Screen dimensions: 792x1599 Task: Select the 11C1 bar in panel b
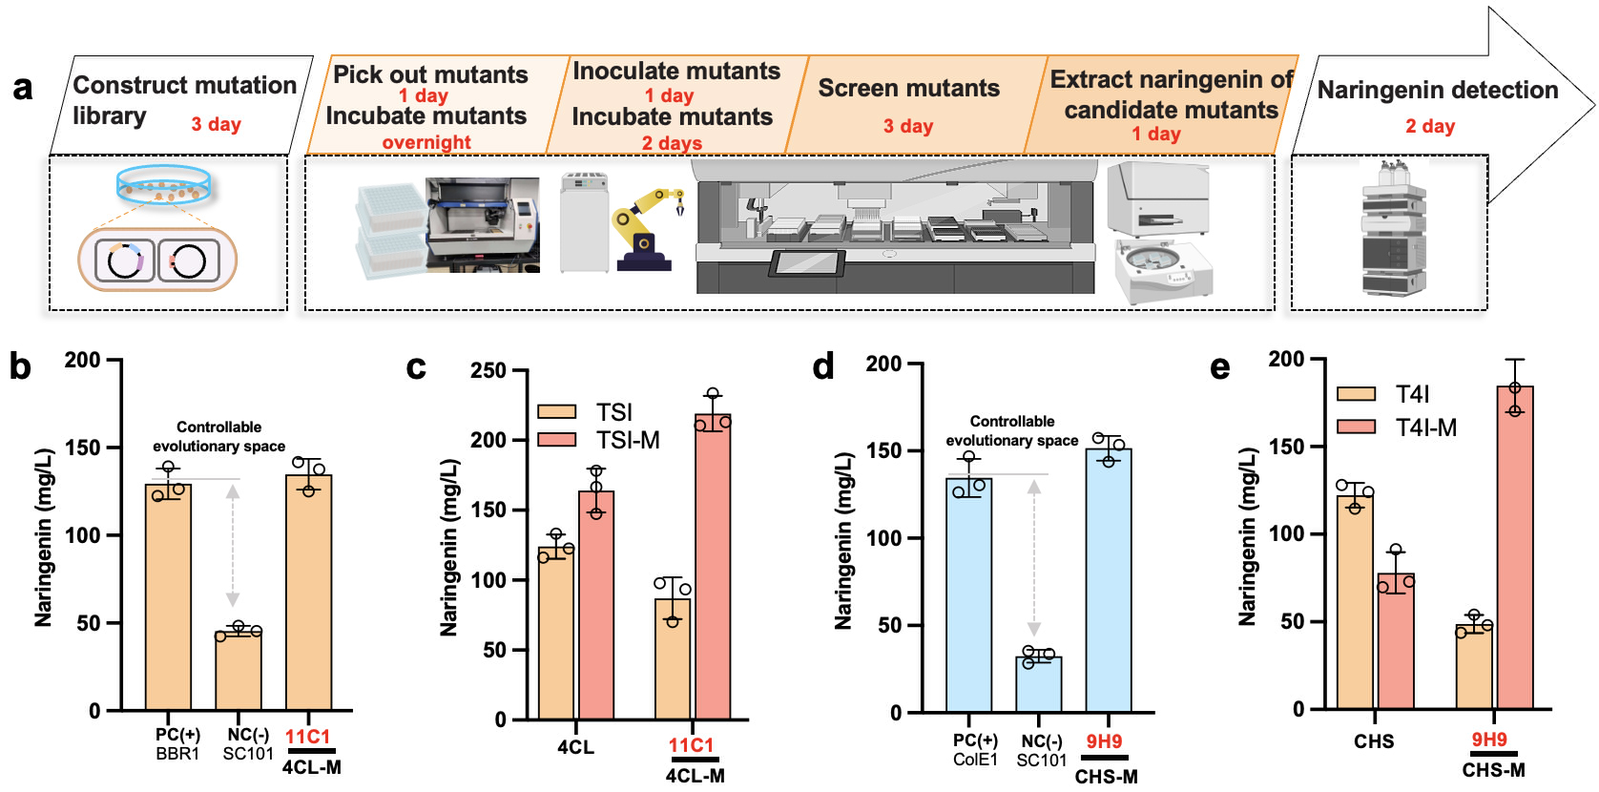coord(309,592)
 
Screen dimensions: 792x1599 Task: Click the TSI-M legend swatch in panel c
coord(557,440)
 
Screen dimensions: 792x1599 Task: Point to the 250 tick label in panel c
coord(488,370)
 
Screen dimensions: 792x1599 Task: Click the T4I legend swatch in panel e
coord(1356,394)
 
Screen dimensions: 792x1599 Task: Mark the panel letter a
coord(23,88)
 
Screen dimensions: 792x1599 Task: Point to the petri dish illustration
coord(163,184)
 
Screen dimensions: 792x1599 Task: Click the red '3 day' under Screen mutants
coord(907,126)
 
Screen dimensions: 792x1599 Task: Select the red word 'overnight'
coord(426,142)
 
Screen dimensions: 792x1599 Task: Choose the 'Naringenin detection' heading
coord(1437,90)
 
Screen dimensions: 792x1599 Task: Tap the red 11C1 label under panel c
coord(691,745)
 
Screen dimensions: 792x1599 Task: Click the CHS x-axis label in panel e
coord(1374,741)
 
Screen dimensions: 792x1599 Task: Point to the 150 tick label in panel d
coord(883,450)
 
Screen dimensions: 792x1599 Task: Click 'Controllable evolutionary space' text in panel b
coord(218,436)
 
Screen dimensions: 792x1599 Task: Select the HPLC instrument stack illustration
coord(1394,229)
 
